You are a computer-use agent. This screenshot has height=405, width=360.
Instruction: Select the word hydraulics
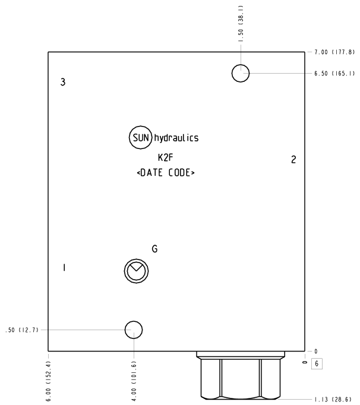click(176, 138)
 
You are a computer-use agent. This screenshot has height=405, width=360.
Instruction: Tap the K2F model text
click(165, 157)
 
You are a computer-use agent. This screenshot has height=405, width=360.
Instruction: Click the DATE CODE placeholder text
click(166, 173)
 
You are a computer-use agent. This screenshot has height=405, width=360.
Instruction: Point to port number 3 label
click(63, 82)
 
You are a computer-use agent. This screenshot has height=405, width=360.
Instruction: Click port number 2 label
click(293, 160)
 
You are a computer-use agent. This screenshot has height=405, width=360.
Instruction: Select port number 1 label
click(64, 268)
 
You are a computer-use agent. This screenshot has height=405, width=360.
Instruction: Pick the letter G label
click(154, 249)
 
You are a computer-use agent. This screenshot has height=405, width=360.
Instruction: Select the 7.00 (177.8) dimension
click(334, 52)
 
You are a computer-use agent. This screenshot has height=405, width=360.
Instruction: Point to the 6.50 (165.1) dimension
click(334, 74)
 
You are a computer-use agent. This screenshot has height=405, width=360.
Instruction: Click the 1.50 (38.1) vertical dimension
click(241, 24)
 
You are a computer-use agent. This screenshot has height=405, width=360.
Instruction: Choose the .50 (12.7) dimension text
click(22, 330)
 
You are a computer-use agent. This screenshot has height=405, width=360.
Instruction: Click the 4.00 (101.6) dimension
click(134, 381)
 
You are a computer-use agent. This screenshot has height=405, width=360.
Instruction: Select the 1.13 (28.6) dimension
click(333, 399)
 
